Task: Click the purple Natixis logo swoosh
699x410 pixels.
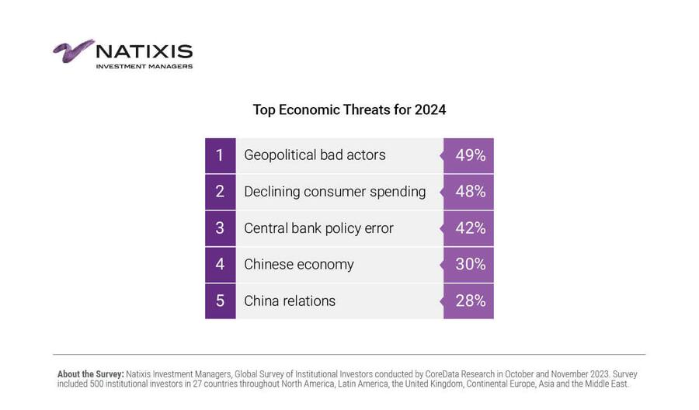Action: (73, 50)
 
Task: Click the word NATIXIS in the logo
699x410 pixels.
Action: (144, 51)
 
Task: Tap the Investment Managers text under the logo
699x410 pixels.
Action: (144, 67)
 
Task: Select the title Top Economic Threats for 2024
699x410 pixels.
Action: (349, 109)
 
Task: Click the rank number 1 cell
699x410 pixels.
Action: (220, 155)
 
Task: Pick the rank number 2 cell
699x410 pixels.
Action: (220, 192)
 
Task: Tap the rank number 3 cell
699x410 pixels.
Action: (220, 228)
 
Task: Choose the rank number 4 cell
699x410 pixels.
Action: (220, 265)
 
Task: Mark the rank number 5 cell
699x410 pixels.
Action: (220, 301)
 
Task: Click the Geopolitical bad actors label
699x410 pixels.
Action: (315, 155)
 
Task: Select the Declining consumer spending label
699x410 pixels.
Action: (335, 192)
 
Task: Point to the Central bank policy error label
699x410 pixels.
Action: (318, 228)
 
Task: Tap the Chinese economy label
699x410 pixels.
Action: (298, 265)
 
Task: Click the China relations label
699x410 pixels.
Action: (290, 301)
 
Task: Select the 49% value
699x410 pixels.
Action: (470, 155)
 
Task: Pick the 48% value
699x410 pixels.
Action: (470, 192)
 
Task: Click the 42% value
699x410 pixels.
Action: (470, 228)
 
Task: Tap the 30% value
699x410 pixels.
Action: (470, 265)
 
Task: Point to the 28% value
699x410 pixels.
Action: (470, 301)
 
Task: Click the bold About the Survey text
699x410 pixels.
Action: (90, 374)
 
